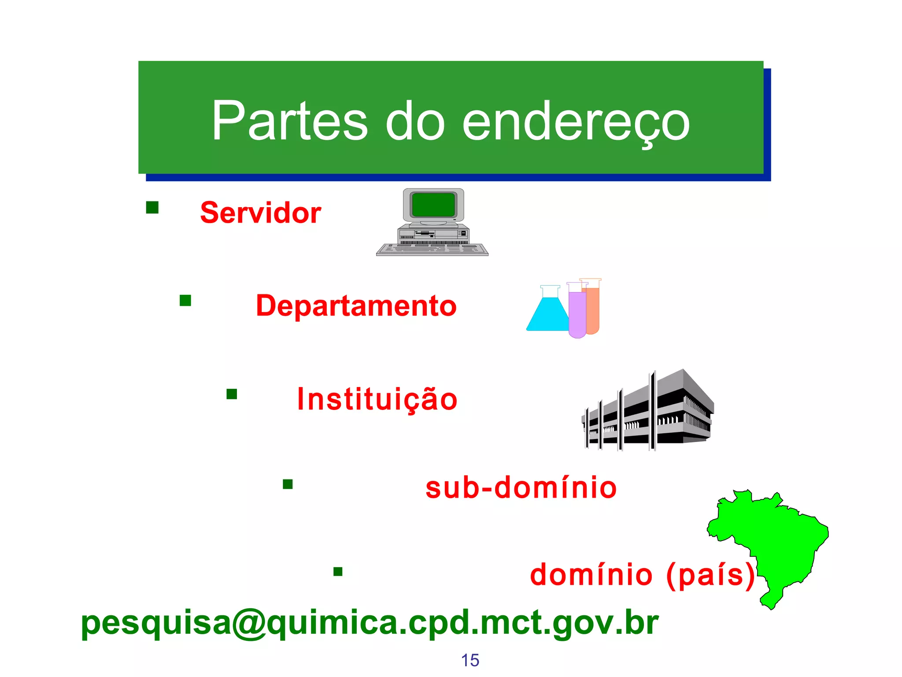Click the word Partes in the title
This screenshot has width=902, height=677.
click(x=289, y=121)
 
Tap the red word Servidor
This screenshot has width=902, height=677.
click(x=260, y=213)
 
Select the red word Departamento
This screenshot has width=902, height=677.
click(x=356, y=306)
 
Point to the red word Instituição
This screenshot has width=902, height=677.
click(x=377, y=399)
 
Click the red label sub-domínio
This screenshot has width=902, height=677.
click(x=521, y=488)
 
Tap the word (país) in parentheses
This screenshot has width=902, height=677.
click(x=711, y=575)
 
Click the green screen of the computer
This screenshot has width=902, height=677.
click(x=433, y=205)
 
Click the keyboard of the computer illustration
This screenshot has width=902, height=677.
click(x=432, y=249)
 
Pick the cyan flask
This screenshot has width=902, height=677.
click(x=547, y=315)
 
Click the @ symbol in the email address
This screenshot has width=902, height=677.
click(x=249, y=623)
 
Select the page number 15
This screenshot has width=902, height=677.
click(x=470, y=660)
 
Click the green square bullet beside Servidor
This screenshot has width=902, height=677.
click(x=152, y=208)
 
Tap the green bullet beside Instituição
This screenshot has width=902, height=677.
click(x=232, y=394)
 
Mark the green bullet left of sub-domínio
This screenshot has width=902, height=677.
click(x=288, y=484)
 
